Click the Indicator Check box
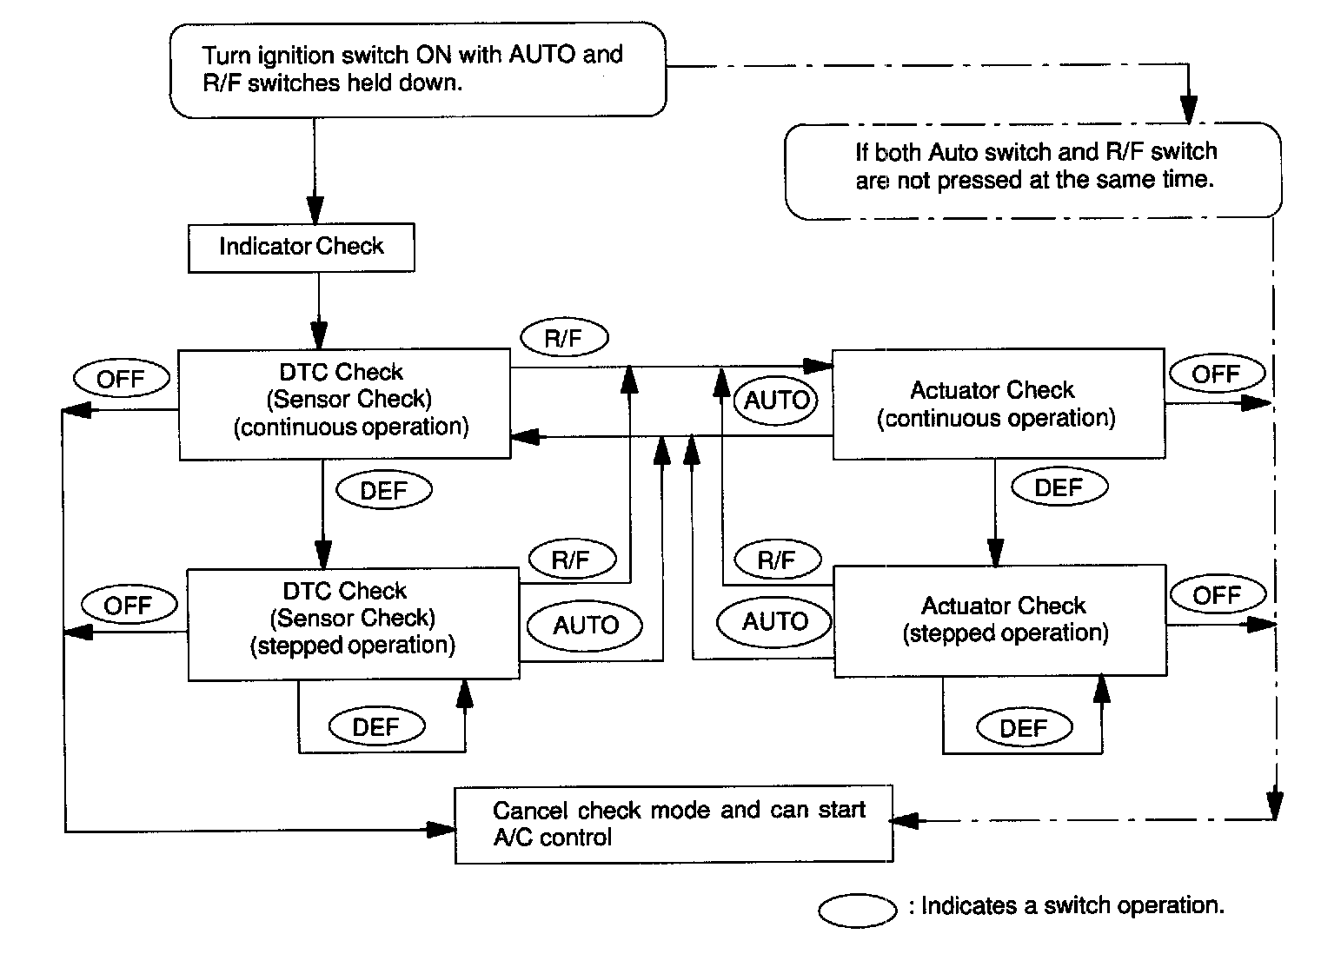[302, 248]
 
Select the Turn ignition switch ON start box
[418, 70]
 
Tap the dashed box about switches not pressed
[1033, 171]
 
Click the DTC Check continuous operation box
[345, 404]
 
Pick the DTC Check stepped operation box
[353, 624]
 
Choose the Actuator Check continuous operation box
[999, 404]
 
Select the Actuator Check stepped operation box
[1000, 621]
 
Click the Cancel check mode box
[674, 825]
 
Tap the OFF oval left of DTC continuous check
[122, 379]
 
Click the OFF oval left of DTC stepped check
[129, 605]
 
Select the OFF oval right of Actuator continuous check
[1218, 374]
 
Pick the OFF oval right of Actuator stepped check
[1218, 595]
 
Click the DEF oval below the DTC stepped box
[377, 726]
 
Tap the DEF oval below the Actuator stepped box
[1025, 727]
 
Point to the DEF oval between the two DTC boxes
[384, 490]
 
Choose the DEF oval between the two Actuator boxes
[1059, 487]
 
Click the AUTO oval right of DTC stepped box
[584, 625]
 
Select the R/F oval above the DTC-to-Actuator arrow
[564, 338]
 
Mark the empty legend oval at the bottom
[858, 911]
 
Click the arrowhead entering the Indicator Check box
[315, 210]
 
